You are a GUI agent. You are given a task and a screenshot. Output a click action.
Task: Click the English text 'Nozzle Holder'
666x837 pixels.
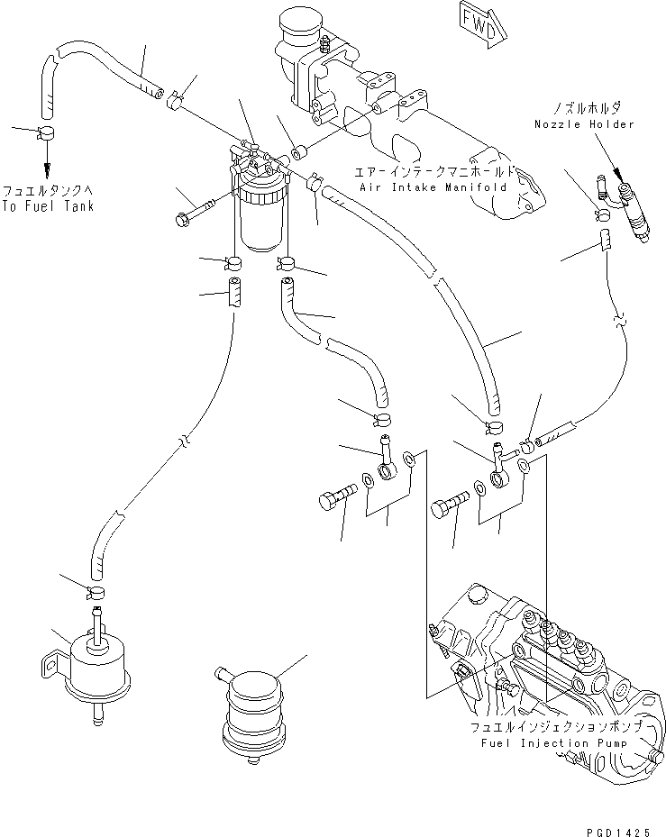tap(583, 123)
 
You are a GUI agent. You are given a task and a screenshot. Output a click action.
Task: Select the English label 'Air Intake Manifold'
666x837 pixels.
tap(433, 187)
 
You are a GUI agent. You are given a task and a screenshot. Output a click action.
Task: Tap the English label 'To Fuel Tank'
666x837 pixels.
tap(47, 206)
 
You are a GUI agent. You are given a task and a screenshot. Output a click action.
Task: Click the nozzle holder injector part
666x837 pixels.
tap(630, 210)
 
